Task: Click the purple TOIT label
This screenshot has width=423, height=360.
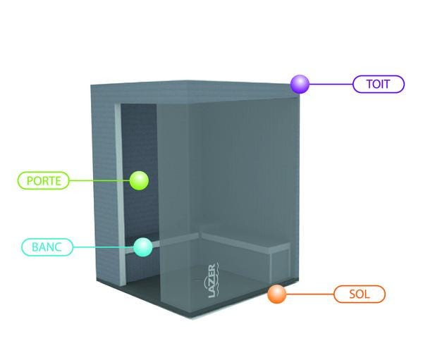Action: [x=379, y=84]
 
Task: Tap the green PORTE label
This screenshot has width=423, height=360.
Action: [x=44, y=180]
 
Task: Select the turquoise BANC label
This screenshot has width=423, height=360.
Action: [x=47, y=247]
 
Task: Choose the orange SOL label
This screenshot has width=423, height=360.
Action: [x=360, y=294]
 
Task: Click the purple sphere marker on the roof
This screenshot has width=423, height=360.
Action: [x=300, y=84]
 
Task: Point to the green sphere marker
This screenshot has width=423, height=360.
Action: [x=139, y=180]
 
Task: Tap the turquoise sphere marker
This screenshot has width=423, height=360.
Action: [x=143, y=247]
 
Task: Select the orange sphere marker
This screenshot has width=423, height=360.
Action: [x=277, y=294]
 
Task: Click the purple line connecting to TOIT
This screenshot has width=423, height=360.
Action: [x=331, y=84]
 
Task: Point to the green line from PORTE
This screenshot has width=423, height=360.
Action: [x=99, y=180]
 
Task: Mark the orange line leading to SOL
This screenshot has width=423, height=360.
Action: [x=310, y=294]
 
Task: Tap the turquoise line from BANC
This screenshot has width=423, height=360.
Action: [x=104, y=247]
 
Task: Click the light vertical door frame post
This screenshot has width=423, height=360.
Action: [x=120, y=194]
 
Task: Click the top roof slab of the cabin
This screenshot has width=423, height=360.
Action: [x=195, y=91]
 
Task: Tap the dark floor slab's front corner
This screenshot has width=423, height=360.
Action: [x=192, y=318]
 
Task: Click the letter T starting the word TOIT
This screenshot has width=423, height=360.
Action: [x=370, y=84]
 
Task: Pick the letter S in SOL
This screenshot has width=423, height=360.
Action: [x=352, y=294]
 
